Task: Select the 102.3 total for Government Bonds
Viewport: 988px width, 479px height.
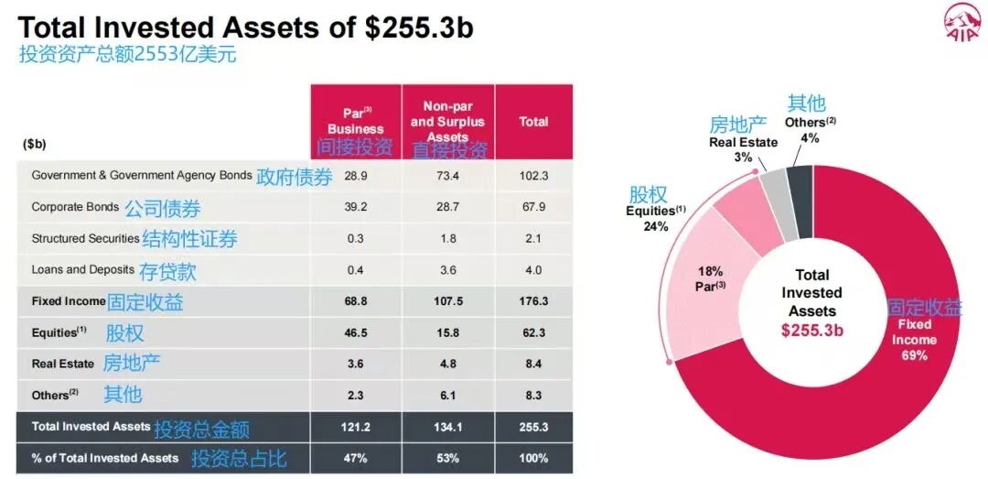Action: click(x=533, y=175)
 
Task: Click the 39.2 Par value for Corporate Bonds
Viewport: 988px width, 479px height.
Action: click(x=355, y=207)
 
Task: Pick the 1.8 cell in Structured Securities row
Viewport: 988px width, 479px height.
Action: click(x=447, y=238)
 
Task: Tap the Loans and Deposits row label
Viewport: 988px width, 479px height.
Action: click(x=82, y=269)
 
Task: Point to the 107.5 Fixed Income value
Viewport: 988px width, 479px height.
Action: click(x=447, y=300)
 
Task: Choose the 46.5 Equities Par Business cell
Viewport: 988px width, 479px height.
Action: click(x=355, y=332)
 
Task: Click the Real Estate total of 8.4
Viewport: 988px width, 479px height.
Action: click(x=533, y=364)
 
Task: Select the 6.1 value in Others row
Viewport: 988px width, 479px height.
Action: click(x=447, y=395)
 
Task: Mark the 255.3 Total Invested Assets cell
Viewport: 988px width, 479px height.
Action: click(x=533, y=427)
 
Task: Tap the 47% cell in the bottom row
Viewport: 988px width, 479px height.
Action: click(x=355, y=458)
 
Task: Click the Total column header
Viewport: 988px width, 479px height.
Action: click(x=533, y=122)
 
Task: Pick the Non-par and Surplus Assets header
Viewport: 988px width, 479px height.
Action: click(x=447, y=122)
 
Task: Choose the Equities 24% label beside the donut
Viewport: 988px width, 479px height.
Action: click(x=655, y=218)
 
